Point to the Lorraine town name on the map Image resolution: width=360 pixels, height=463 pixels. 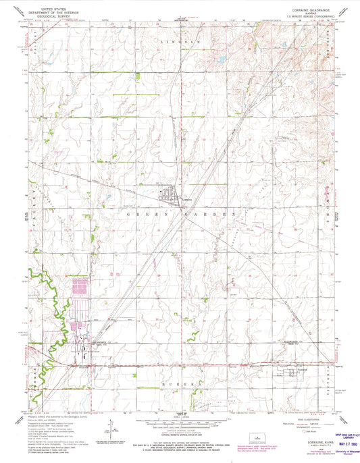[x=188, y=200]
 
